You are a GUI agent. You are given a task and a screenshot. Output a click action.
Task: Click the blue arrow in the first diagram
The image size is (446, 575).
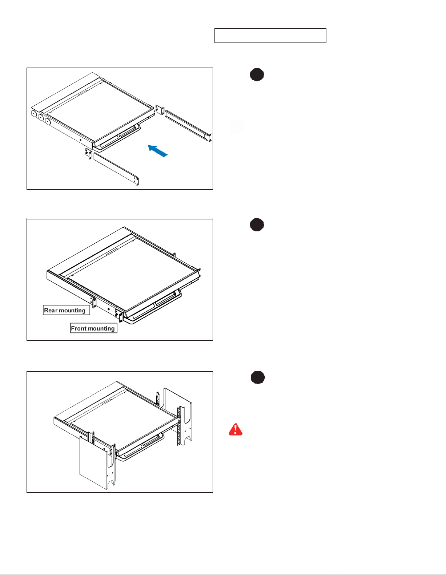tap(157, 151)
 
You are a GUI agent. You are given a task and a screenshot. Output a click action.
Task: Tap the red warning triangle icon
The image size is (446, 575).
tap(236, 429)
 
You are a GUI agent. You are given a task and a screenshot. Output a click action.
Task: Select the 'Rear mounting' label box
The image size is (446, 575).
tap(67, 310)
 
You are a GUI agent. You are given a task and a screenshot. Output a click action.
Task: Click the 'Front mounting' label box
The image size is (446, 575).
tap(94, 328)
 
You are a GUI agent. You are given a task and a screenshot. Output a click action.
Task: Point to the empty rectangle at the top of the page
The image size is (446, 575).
tap(270, 36)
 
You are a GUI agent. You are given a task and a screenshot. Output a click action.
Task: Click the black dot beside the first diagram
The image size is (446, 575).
tap(257, 74)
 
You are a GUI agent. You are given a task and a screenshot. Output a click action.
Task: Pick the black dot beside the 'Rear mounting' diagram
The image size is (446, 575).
tap(257, 224)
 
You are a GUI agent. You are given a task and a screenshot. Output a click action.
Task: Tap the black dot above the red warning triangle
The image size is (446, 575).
tap(258, 377)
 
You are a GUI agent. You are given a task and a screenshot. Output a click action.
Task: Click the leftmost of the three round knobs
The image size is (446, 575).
tap(34, 114)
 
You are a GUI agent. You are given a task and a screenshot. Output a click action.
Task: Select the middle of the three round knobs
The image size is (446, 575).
tap(41, 117)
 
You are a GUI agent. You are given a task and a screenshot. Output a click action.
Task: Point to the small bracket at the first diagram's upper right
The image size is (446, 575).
tap(160, 110)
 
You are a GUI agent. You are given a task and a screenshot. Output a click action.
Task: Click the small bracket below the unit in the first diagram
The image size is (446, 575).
tap(88, 154)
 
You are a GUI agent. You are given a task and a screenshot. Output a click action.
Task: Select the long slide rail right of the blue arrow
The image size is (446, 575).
tap(188, 126)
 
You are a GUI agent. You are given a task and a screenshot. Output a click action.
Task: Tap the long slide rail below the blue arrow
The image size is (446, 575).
tap(116, 168)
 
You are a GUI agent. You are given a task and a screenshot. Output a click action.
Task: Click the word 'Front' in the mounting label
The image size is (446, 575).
tap(79, 328)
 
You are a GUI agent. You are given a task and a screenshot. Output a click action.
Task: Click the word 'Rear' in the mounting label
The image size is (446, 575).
tap(51, 310)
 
